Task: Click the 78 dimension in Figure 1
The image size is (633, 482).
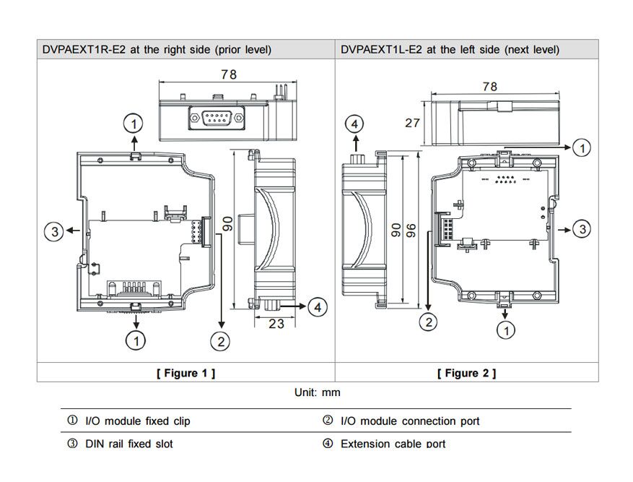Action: (x=230, y=74)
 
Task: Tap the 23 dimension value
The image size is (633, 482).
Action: (x=276, y=324)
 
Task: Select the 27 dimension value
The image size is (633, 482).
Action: (x=412, y=123)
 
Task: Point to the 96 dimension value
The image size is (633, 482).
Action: (x=411, y=230)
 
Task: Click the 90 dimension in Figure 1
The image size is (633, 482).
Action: (x=227, y=223)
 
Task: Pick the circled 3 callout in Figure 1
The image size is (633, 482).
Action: (x=53, y=232)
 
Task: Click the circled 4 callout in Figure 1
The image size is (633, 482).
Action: (x=317, y=307)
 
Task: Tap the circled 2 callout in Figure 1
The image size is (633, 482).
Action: (x=221, y=340)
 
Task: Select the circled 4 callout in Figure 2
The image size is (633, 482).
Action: (x=354, y=124)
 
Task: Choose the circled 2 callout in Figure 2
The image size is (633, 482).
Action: (x=429, y=322)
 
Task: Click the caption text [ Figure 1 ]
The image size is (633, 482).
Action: (x=185, y=373)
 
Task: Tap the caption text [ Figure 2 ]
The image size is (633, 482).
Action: (x=466, y=373)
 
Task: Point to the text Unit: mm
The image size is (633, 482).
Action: (x=317, y=392)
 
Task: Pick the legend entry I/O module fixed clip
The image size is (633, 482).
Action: (x=137, y=421)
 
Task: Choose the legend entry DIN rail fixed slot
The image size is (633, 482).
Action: (x=128, y=443)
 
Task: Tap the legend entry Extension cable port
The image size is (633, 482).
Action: (x=393, y=443)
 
